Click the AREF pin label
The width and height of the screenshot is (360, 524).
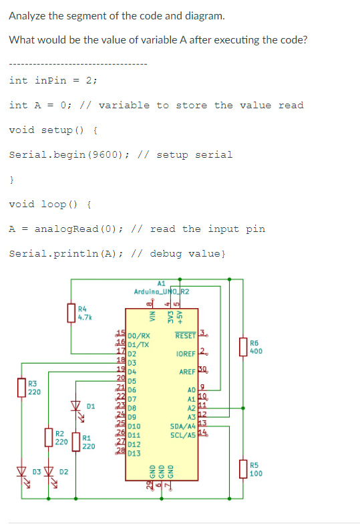click(x=186, y=372)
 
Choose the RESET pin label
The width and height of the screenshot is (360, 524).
click(x=185, y=336)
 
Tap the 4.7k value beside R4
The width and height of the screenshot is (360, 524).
click(x=85, y=316)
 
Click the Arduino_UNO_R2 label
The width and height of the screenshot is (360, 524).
click(x=161, y=291)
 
